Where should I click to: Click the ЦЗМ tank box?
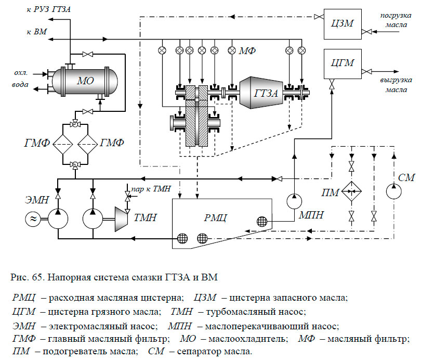click(x=342, y=23)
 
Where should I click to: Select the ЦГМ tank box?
click(x=342, y=63)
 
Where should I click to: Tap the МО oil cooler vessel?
click(x=83, y=81)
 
